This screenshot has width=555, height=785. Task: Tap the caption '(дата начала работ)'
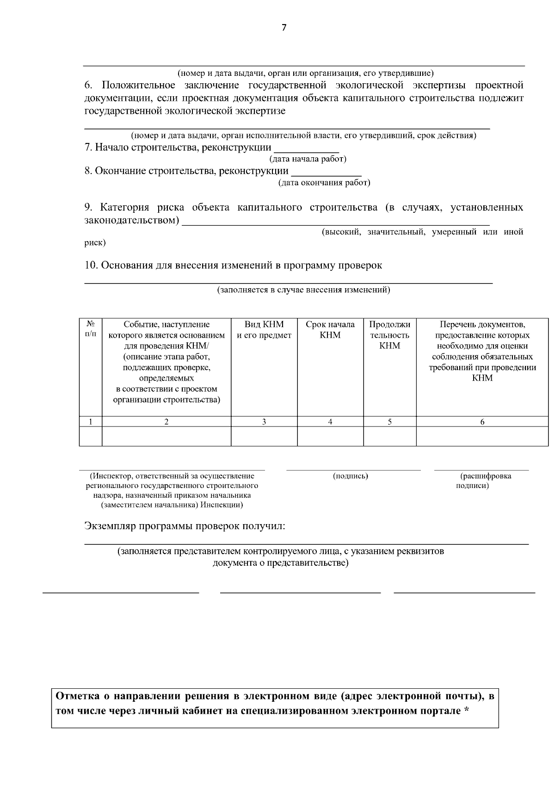coord(308,159)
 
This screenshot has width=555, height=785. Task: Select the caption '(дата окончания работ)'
coord(324,183)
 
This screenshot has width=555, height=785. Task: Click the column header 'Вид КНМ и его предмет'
coord(264,330)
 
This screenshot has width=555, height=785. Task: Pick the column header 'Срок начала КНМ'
coord(330,330)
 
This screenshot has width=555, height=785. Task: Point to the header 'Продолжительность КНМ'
coord(389,335)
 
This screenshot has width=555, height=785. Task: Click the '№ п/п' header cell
coord(91,329)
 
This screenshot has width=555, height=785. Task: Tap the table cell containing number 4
coord(330,421)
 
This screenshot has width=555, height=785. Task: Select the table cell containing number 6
coord(482,421)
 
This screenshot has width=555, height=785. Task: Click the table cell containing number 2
coord(166,421)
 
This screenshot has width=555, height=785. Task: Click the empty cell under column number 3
coord(264,436)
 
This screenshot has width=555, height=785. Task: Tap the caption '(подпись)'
coord(350,476)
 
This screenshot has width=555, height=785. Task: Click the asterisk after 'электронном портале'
coord(466,711)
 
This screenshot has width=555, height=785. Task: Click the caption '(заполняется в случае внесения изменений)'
coord(304,290)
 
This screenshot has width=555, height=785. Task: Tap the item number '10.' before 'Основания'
coord(91,266)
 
